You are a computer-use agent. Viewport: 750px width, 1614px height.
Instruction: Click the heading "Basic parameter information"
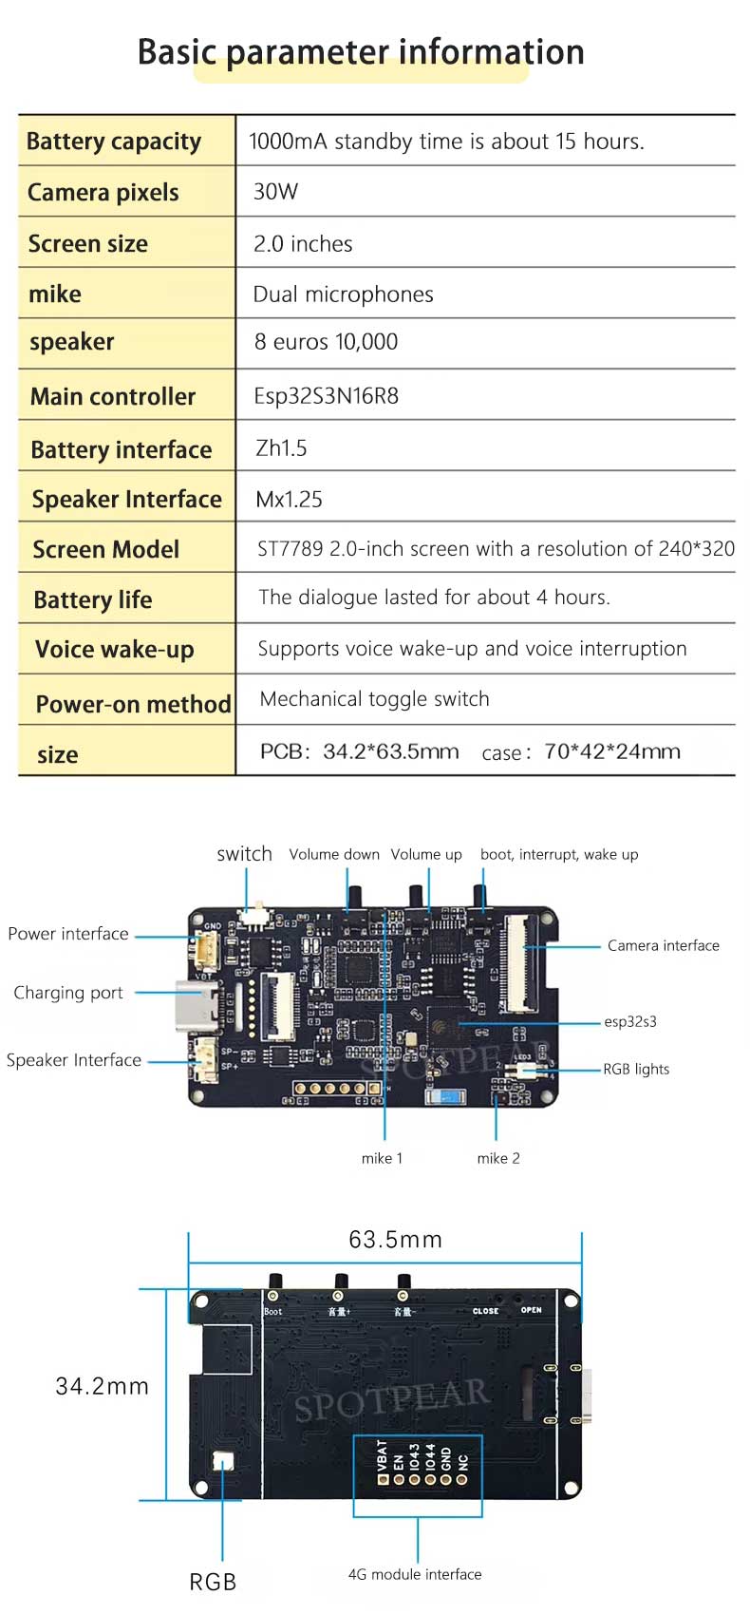coord(361,52)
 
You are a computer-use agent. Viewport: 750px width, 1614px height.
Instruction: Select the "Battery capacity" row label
coord(114,142)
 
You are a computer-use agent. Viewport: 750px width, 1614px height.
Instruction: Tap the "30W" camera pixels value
coord(275,192)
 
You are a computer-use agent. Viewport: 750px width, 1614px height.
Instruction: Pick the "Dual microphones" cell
coord(343,294)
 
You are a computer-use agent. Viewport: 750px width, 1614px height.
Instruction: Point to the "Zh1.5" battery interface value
coord(281,447)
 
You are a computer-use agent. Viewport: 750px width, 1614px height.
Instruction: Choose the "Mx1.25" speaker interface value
coord(289,499)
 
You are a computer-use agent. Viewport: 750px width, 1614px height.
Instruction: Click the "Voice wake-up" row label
coord(114,650)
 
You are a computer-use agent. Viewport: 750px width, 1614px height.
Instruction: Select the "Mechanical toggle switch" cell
coord(374,699)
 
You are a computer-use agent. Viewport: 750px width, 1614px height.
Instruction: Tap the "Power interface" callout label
coord(68,934)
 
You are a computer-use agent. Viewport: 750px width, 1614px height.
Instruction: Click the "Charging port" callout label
coord(68,993)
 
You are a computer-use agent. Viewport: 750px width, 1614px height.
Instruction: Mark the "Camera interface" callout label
coord(663,945)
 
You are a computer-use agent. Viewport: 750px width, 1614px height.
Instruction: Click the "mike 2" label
coord(498,1158)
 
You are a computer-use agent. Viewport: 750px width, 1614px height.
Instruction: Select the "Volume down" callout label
coord(334,855)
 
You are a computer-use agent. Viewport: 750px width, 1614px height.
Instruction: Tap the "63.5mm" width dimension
coord(395,1240)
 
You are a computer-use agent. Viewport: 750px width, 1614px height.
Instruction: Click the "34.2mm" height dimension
coord(103,1386)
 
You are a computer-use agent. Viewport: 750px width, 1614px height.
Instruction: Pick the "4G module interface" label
coord(415,1574)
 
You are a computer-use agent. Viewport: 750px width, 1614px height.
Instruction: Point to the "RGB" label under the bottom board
coord(213,1582)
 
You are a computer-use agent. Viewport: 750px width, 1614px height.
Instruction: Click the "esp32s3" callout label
coord(630,1022)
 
